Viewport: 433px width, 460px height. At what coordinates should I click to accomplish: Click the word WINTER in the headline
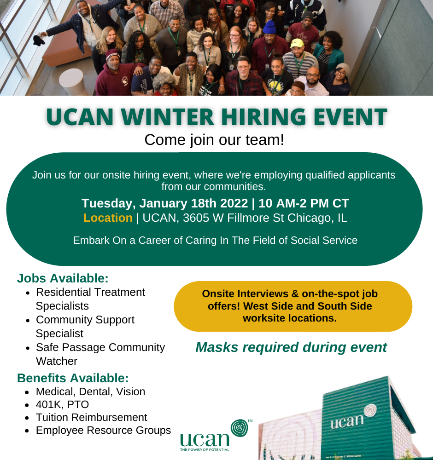(x=168, y=117)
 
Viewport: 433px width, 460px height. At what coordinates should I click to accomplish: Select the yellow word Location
(x=108, y=218)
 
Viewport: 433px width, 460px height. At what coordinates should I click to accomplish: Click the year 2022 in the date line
(x=234, y=203)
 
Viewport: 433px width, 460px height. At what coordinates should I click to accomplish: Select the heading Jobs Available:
(x=63, y=278)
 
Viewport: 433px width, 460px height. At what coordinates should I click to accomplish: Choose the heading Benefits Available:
(x=73, y=378)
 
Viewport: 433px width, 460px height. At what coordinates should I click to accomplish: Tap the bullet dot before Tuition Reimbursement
(x=27, y=418)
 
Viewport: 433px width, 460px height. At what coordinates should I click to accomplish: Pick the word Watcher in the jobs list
(x=57, y=361)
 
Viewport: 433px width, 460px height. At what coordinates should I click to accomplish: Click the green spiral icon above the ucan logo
(x=240, y=428)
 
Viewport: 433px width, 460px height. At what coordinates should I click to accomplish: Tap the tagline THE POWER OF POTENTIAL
(x=205, y=449)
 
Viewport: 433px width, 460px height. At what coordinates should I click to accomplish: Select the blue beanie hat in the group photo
(x=269, y=27)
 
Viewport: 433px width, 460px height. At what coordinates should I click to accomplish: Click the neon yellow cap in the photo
(x=297, y=43)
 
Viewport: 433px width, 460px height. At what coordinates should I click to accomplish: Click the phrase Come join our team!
(x=214, y=140)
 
